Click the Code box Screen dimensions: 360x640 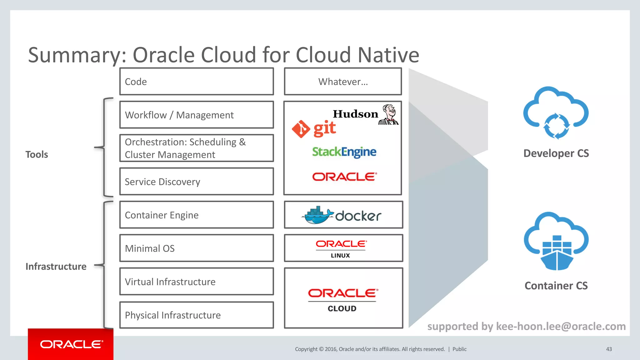click(197, 82)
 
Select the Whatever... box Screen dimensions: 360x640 click(343, 82)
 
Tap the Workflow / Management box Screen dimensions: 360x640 click(197, 115)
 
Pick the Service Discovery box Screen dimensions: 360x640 click(197, 182)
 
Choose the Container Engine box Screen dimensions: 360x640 click(197, 215)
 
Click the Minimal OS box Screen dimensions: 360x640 click(197, 248)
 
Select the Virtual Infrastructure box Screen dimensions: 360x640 click(197, 282)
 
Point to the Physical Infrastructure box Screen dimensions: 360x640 click(197, 315)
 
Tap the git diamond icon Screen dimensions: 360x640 click(301, 129)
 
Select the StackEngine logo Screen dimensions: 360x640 click(344, 152)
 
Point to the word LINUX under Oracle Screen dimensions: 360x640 click(340, 256)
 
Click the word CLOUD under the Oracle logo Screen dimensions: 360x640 click(342, 308)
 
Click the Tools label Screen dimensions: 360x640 click(37, 154)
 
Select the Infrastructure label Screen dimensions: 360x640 click(56, 267)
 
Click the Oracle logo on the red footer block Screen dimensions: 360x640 click(71, 344)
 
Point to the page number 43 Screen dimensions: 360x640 click(609, 349)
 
